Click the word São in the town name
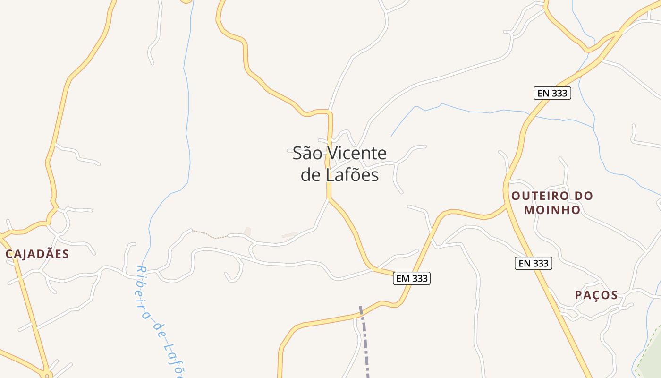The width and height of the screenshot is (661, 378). (307, 153)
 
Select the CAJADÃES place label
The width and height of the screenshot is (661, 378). (37, 254)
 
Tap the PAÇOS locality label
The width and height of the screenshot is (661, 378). (596, 295)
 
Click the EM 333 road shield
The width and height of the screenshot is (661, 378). (412, 279)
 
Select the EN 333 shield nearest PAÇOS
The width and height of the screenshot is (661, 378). (533, 263)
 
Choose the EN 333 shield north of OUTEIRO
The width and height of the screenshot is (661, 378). (552, 93)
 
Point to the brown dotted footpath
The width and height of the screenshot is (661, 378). (210, 235)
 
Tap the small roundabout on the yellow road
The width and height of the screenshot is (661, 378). (46, 375)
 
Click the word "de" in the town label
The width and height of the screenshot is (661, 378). (311, 175)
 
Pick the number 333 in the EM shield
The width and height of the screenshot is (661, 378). (419, 279)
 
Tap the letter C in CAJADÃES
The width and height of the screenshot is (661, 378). (9, 254)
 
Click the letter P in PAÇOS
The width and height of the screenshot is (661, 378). (578, 295)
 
